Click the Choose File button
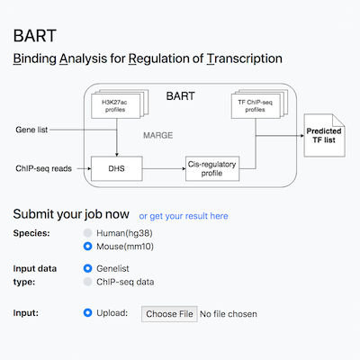point(169,314)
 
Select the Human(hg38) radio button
point(88,232)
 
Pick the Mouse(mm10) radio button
point(88,245)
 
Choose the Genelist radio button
point(88,268)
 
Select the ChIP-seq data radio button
point(88,281)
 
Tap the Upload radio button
point(88,314)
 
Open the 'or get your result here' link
point(184,216)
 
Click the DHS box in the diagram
point(118,167)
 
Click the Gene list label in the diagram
point(31,130)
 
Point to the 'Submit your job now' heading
point(70,215)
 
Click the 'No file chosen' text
point(228,314)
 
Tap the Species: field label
point(32,232)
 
